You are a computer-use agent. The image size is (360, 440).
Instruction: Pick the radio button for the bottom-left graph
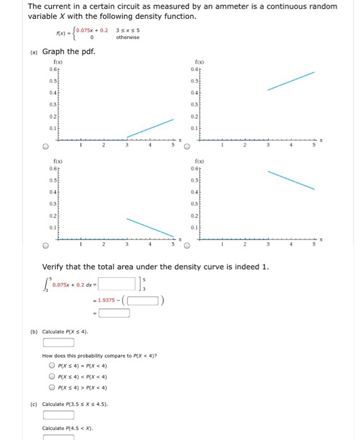pyautogui.click(x=45, y=246)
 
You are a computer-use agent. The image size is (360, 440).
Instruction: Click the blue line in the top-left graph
pyautogui.click(x=150, y=128)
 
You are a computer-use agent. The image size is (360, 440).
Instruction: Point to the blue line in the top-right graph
pyautogui.click(x=291, y=81)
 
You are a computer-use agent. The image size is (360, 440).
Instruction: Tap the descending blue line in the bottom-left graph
pyautogui.click(x=150, y=228)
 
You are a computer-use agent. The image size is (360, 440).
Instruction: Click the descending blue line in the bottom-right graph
pyautogui.click(x=291, y=180)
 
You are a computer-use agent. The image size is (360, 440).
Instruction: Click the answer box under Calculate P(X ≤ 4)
pyautogui.click(x=58, y=343)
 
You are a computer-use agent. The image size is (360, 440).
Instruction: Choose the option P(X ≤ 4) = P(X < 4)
pyautogui.click(x=52, y=365)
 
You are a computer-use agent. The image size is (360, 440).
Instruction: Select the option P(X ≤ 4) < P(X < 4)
pyautogui.click(x=52, y=376)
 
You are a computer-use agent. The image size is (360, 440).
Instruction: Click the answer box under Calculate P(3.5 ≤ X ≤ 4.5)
pyautogui.click(x=58, y=415)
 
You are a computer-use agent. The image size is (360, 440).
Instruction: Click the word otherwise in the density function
pyautogui.click(x=128, y=37)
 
